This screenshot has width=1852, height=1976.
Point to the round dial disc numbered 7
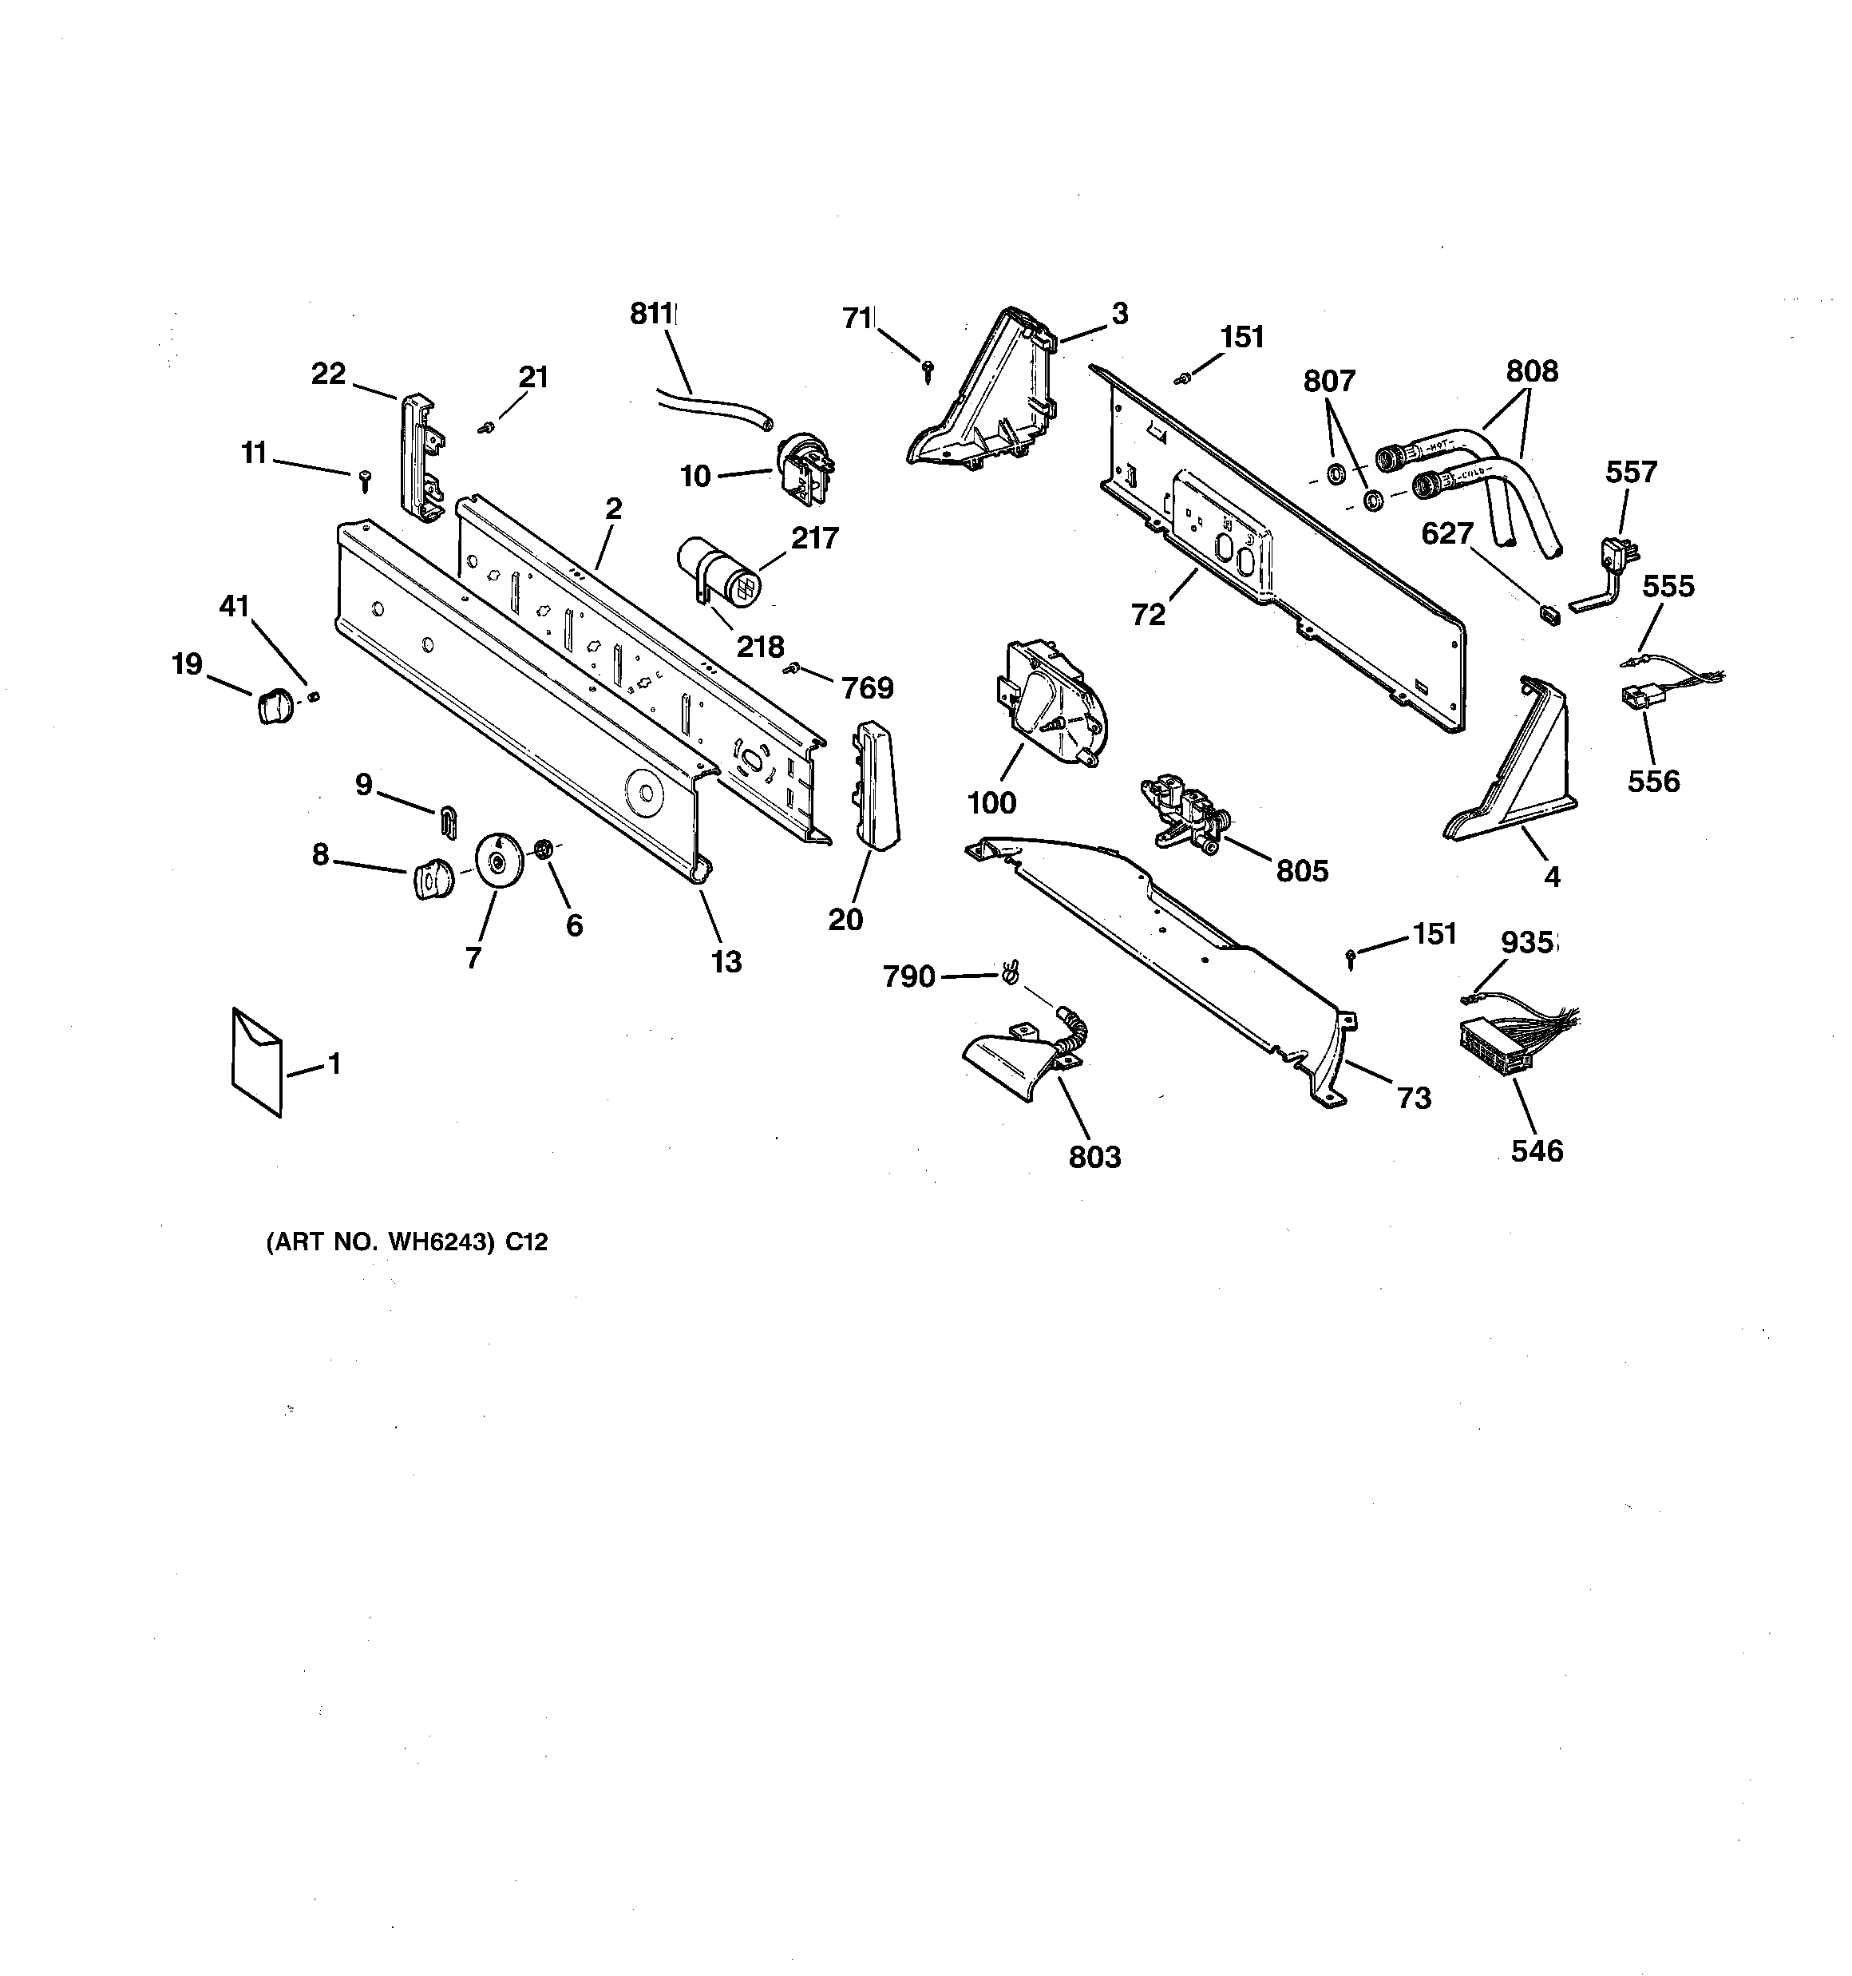pyautogui.click(x=499, y=857)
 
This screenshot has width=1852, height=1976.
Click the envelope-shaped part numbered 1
pyautogui.click(x=256, y=1063)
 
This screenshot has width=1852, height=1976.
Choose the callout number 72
pyautogui.click(x=1147, y=616)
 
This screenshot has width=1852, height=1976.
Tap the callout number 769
pyautogui.click(x=868, y=688)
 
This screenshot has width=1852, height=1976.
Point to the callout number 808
pyautogui.click(x=1532, y=372)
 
